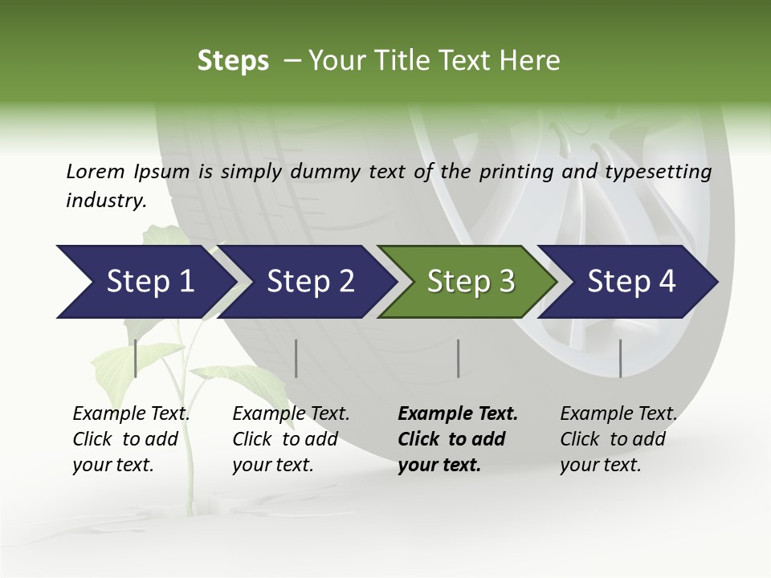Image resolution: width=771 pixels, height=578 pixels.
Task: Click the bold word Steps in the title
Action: coord(233,61)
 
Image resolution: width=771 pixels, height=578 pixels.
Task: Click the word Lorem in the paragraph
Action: coord(96,171)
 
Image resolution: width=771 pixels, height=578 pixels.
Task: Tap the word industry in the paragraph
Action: coord(105,201)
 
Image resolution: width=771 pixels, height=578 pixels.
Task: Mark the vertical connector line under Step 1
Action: coord(136,358)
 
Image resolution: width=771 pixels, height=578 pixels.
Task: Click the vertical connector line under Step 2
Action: coord(296,358)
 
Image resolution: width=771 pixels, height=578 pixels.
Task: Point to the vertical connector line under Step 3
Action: coord(458,358)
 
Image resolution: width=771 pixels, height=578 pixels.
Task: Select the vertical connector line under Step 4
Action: coord(620,358)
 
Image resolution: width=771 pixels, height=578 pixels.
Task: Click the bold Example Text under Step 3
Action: coord(458,414)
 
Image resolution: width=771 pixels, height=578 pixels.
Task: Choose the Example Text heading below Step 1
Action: coord(131,414)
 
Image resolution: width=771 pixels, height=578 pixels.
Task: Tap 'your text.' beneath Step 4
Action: coord(600,465)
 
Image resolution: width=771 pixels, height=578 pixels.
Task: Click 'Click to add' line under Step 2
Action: coord(285,439)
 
